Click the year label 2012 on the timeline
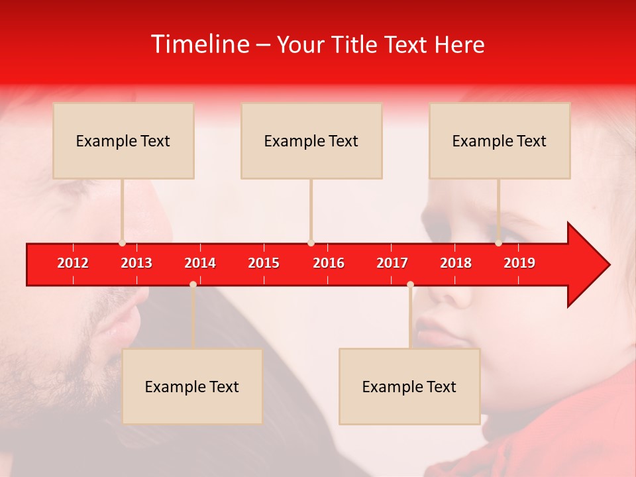point(73,263)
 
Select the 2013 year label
point(136,263)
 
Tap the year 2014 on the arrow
point(200,263)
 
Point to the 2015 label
point(264,263)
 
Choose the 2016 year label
point(329,263)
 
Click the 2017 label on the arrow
point(392,263)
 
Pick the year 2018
point(456,263)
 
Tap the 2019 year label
point(519,263)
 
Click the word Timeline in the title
point(199,44)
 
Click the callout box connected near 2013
point(123,140)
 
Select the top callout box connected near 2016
point(311,140)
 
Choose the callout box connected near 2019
point(500,140)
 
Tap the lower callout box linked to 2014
point(192,386)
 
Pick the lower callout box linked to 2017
point(409,386)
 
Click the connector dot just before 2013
point(122,243)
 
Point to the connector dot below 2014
point(193,284)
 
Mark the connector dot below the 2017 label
point(410,284)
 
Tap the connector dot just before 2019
point(498,243)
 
